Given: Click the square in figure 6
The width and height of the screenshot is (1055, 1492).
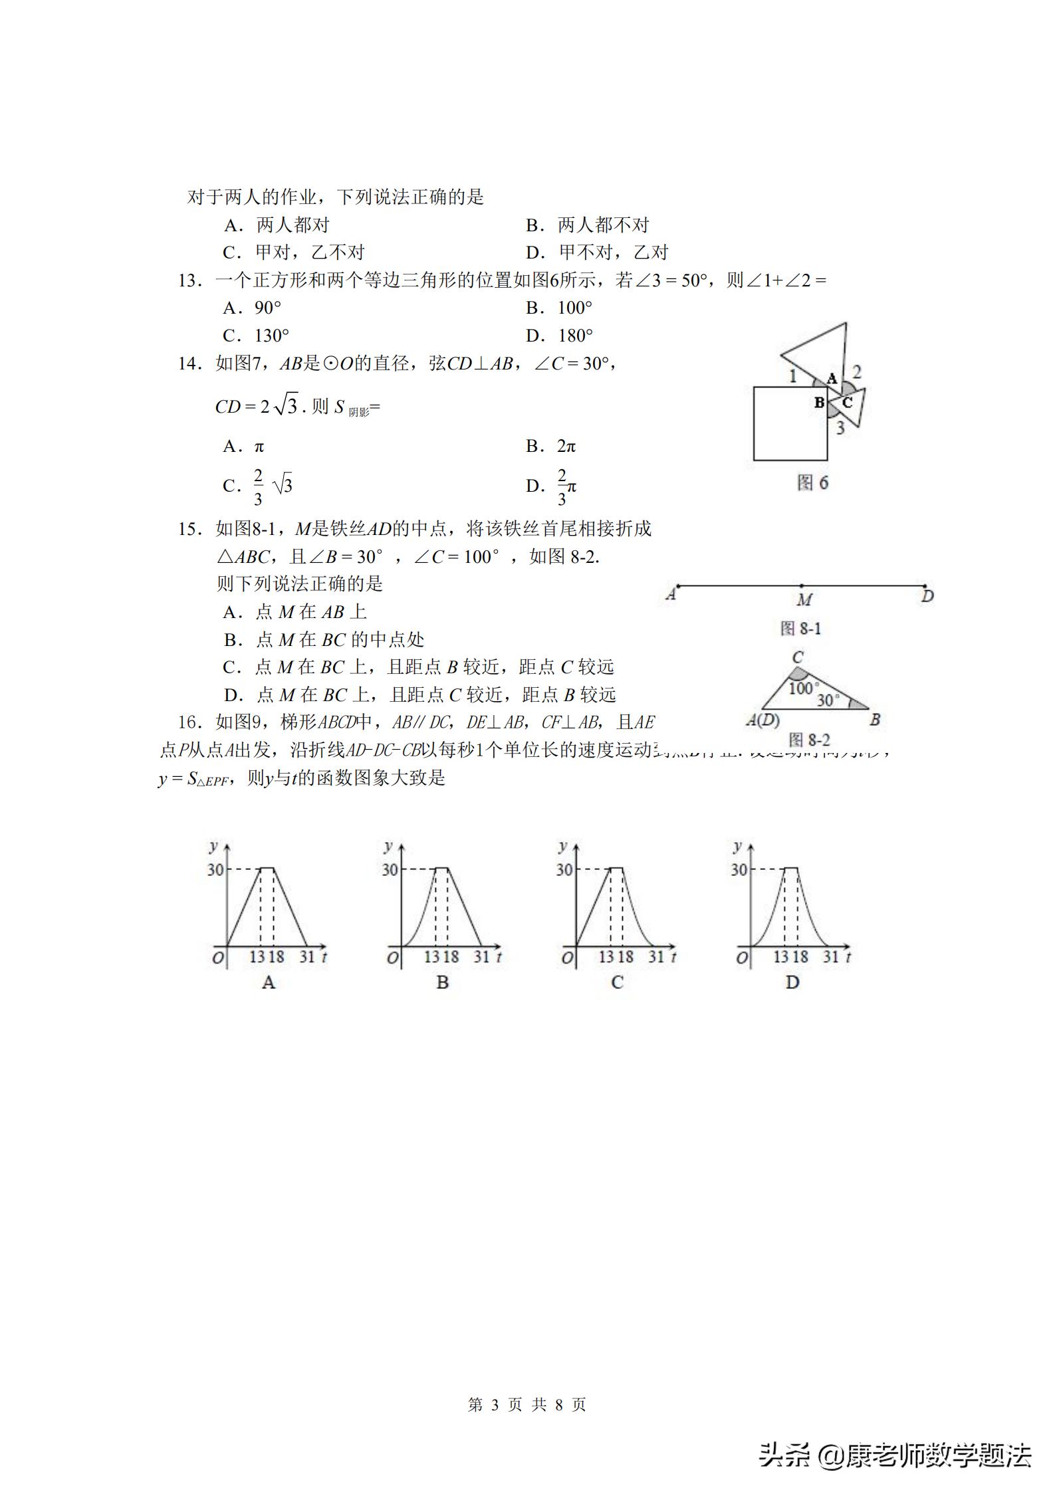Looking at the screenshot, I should (790, 423).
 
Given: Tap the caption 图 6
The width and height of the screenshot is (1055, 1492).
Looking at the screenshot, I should (812, 482).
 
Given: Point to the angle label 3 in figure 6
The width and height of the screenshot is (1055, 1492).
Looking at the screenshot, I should (840, 428).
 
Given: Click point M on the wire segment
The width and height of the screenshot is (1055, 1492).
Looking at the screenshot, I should (802, 586).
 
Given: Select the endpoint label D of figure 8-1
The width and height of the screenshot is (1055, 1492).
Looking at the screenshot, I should (928, 596).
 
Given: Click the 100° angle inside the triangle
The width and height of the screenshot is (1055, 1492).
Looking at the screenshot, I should (803, 688).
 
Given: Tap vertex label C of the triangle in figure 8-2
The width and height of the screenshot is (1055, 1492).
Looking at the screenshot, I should (798, 657).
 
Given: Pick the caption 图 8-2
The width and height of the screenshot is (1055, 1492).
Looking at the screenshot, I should (809, 740).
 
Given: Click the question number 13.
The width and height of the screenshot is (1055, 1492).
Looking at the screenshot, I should (189, 280).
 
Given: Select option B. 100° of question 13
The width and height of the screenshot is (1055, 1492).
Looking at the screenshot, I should (558, 308).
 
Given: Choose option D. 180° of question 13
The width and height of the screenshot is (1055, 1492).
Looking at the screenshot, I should (559, 336).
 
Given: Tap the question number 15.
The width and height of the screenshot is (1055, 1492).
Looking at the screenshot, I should (189, 529).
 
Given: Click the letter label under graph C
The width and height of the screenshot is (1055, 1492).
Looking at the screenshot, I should (617, 982).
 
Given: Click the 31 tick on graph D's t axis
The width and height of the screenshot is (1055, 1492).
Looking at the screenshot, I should (830, 956).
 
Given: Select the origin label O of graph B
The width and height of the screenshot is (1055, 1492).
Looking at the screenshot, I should (392, 958).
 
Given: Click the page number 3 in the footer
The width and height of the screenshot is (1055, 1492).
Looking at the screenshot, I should (494, 1404).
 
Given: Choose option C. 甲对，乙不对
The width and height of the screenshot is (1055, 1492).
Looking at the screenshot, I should (294, 253).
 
